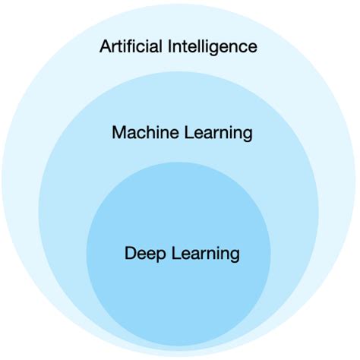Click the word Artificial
tap(128, 46)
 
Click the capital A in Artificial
tap(105, 46)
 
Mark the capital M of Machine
tap(118, 133)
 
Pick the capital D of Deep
tap(129, 253)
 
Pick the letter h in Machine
tap(150, 133)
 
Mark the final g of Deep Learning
tap(235, 256)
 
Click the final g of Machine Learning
tap(247, 135)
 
